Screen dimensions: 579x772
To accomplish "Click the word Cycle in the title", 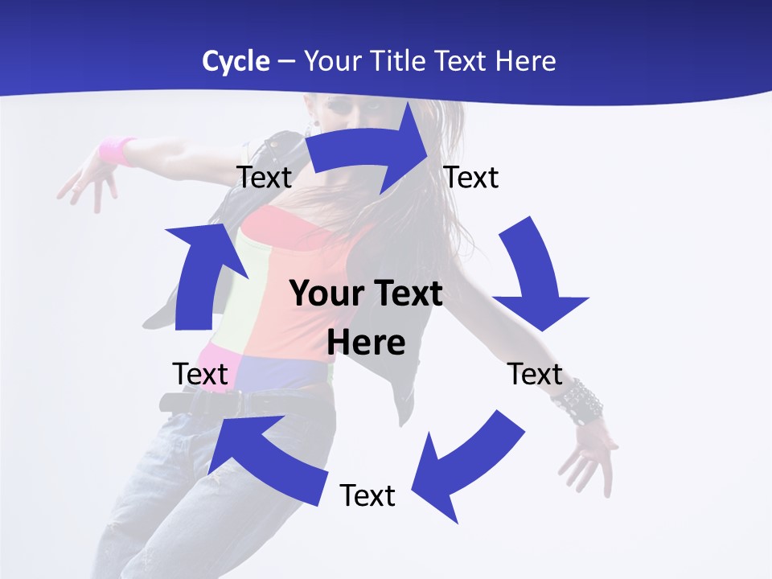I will (x=236, y=61).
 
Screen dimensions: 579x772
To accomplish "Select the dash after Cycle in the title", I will (x=286, y=62).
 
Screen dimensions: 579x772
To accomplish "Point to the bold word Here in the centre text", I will (x=366, y=343).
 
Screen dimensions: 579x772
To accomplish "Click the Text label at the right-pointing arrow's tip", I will (x=471, y=177).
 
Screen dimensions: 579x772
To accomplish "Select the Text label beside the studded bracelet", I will (x=535, y=374).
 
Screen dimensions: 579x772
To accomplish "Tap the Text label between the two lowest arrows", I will (x=368, y=495).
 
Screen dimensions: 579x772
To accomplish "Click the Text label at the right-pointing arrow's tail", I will (x=264, y=177).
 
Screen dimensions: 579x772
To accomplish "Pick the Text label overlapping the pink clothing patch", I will (x=200, y=374).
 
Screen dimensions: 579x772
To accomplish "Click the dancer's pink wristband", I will (x=117, y=150).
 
